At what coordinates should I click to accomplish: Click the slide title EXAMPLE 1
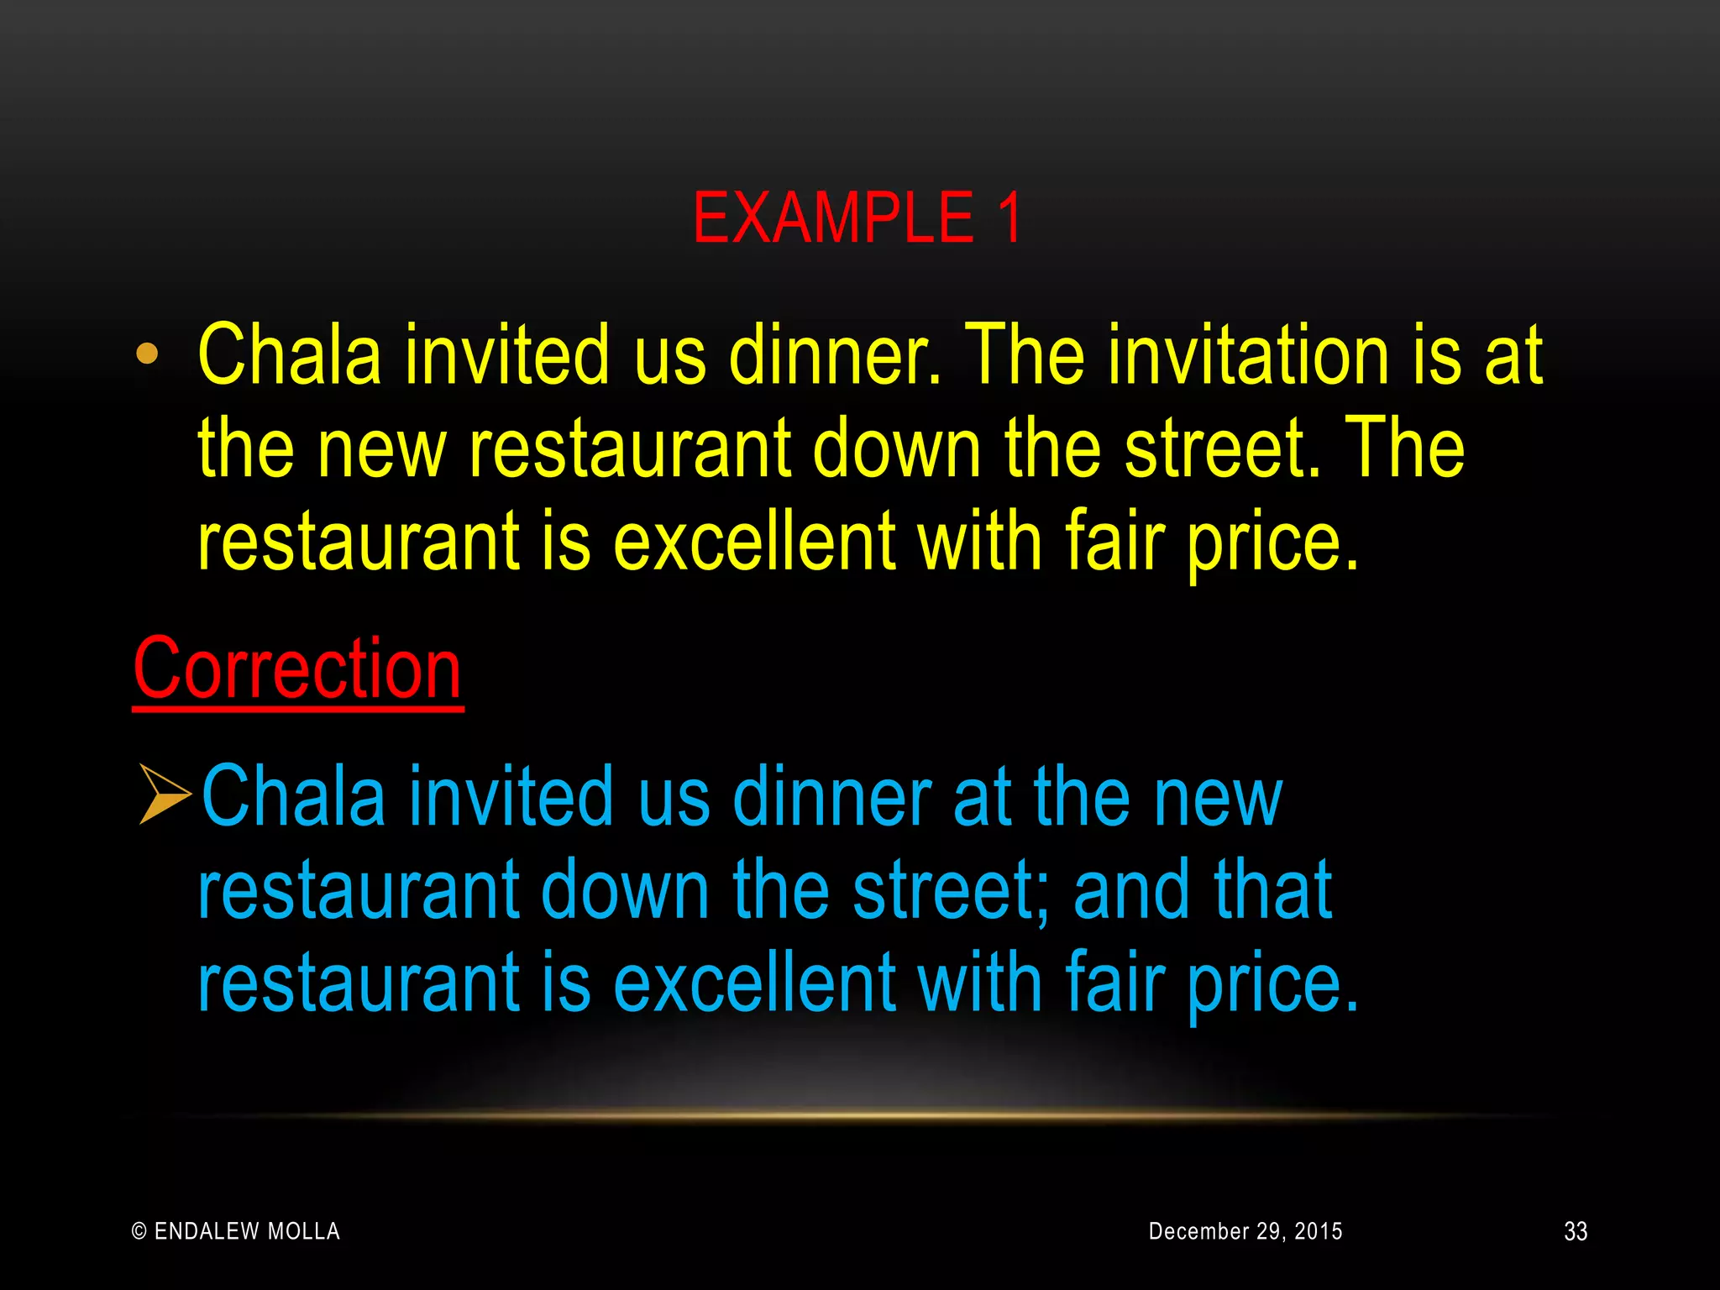point(857,218)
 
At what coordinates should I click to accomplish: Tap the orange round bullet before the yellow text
point(147,354)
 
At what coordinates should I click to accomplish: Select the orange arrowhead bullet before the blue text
point(165,794)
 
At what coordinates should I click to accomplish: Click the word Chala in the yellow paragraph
point(290,355)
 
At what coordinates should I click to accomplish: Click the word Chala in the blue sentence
point(293,796)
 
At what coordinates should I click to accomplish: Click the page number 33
point(1576,1231)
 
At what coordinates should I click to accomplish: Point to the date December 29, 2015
point(1245,1231)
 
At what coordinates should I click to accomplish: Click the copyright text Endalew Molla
point(237,1231)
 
